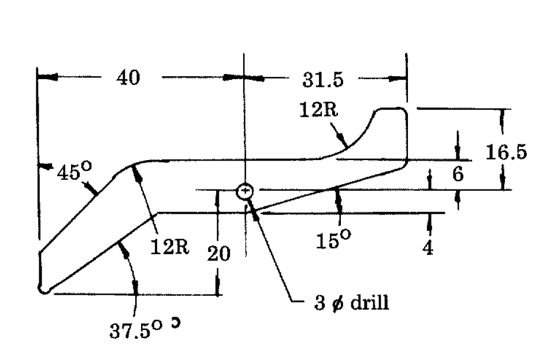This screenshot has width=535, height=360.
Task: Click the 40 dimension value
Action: pyautogui.click(x=128, y=77)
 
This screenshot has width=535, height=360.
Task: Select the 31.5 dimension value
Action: pyautogui.click(x=323, y=80)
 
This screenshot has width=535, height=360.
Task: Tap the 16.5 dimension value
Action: pyautogui.click(x=506, y=152)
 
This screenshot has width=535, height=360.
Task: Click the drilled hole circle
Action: pyautogui.click(x=245, y=191)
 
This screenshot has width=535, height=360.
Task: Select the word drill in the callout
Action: pyautogui.click(x=370, y=302)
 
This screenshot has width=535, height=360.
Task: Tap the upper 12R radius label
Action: pyautogui.click(x=319, y=110)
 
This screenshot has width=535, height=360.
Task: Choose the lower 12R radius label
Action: pyautogui.click(x=170, y=247)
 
